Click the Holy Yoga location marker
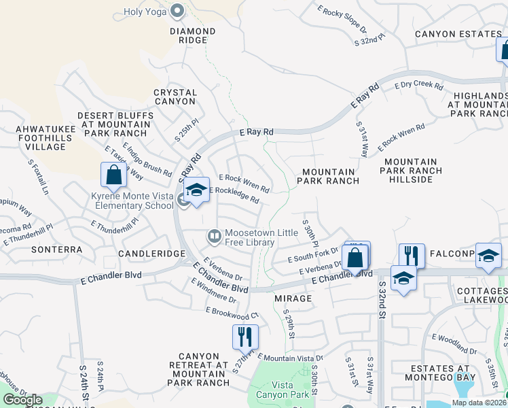click(x=178, y=10)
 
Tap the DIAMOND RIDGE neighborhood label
click(x=193, y=36)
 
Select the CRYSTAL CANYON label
click(x=175, y=97)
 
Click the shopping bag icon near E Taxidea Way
click(x=114, y=175)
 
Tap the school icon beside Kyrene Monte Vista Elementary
click(x=196, y=191)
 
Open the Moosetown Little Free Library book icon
click(x=214, y=236)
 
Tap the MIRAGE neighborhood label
click(x=293, y=299)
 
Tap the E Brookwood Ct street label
click(x=232, y=313)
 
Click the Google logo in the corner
click(x=23, y=400)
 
